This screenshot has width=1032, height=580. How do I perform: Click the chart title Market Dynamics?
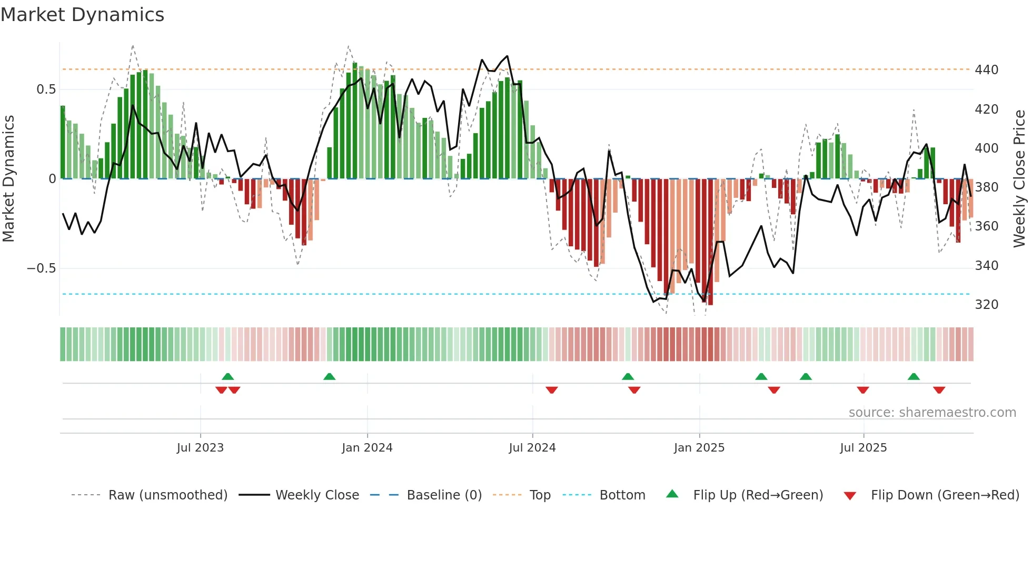point(82,15)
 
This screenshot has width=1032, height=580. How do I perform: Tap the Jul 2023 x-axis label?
point(200,448)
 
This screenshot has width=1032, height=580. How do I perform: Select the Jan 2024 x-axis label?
point(367,448)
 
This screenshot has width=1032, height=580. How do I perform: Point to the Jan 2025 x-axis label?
point(699,448)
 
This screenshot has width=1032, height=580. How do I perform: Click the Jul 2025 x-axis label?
point(864,448)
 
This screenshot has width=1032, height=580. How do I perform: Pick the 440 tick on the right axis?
point(986,70)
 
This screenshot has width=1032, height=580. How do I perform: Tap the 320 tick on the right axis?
point(986,305)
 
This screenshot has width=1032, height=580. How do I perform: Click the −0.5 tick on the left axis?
point(42,268)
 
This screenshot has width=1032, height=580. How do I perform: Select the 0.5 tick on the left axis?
point(46,89)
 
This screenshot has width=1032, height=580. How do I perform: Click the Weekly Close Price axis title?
point(1019,179)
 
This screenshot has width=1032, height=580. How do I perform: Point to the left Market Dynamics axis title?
point(8,179)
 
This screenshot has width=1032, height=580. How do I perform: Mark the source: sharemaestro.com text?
point(932,413)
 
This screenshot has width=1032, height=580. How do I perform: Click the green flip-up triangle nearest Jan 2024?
point(329,376)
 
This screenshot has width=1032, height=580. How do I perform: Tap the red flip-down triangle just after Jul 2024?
point(551,390)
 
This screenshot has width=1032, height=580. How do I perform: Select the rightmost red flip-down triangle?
point(939,390)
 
